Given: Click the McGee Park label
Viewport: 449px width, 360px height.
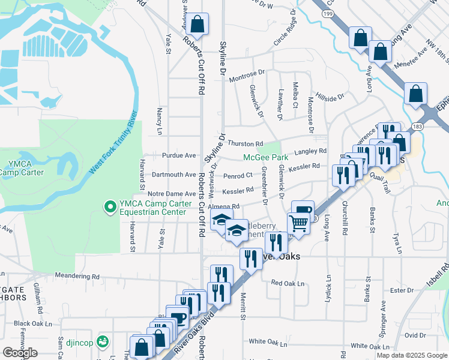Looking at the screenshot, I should [265, 157].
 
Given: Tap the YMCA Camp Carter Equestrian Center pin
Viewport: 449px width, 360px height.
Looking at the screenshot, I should [110, 207].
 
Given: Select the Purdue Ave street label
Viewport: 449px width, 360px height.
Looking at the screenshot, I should [179, 155].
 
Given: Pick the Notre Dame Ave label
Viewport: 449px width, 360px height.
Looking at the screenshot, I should [172, 194].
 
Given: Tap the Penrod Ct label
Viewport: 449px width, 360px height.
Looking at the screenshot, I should [238, 176].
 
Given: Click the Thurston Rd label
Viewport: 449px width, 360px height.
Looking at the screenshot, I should [245, 144].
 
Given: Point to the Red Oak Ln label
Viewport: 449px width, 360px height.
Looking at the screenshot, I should [288, 283].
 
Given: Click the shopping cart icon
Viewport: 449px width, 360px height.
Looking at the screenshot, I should [298, 224].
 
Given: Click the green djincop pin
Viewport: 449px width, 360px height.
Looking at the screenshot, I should [104, 341].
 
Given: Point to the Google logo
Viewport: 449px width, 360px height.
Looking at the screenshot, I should [20, 353].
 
